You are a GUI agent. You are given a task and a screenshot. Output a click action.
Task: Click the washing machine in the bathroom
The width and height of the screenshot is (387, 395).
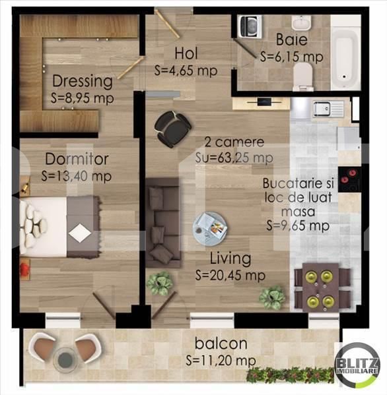[250, 26]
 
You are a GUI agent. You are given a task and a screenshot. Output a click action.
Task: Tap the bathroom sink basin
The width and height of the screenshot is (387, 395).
[301, 22]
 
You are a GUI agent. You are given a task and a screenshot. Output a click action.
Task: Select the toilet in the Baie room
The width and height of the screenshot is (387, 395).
[303, 76]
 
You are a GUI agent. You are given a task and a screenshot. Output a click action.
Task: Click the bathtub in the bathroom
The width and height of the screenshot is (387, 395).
[345, 57]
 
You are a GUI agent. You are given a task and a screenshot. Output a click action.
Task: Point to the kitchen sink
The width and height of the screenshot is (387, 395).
[328, 109]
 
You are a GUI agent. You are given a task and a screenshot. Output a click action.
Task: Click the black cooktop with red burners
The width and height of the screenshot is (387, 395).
[349, 179]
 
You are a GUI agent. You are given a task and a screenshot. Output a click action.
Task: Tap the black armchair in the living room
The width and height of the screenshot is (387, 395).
[172, 129]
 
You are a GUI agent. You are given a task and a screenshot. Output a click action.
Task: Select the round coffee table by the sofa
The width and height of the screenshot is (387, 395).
[210, 229]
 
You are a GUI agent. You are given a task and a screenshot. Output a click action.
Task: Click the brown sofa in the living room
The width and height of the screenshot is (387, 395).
[163, 223]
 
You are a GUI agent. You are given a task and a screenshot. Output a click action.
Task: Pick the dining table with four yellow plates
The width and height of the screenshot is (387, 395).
[321, 286]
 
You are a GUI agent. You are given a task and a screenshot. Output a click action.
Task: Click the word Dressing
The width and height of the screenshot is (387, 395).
[83, 81]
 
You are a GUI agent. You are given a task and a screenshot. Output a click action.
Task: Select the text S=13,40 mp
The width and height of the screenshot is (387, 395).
[76, 176]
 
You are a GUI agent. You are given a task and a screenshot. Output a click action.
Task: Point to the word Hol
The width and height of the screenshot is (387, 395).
[186, 53]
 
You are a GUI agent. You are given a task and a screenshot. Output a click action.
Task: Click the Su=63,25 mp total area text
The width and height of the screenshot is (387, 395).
[234, 158]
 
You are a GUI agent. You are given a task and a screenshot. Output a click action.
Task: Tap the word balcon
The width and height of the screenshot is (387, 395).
[221, 344]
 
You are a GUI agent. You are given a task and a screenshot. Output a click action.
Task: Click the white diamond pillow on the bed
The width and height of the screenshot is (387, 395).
[80, 233]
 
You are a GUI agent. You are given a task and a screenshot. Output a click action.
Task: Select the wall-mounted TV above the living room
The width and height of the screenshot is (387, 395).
[264, 102]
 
